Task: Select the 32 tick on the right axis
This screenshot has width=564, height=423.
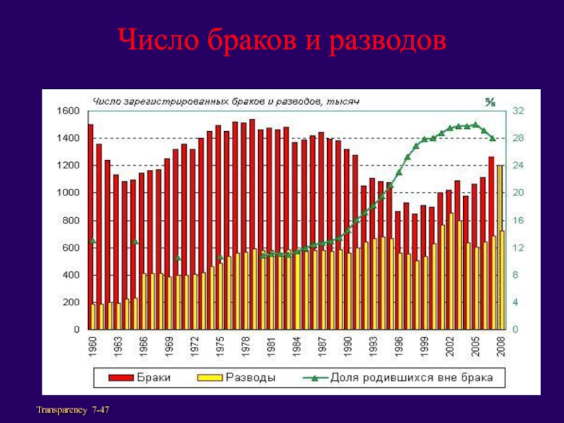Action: point(518,111)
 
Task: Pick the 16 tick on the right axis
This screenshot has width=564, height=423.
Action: point(518,220)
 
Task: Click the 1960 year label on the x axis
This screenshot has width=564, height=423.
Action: point(91,346)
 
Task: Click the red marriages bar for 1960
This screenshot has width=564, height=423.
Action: point(90,211)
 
